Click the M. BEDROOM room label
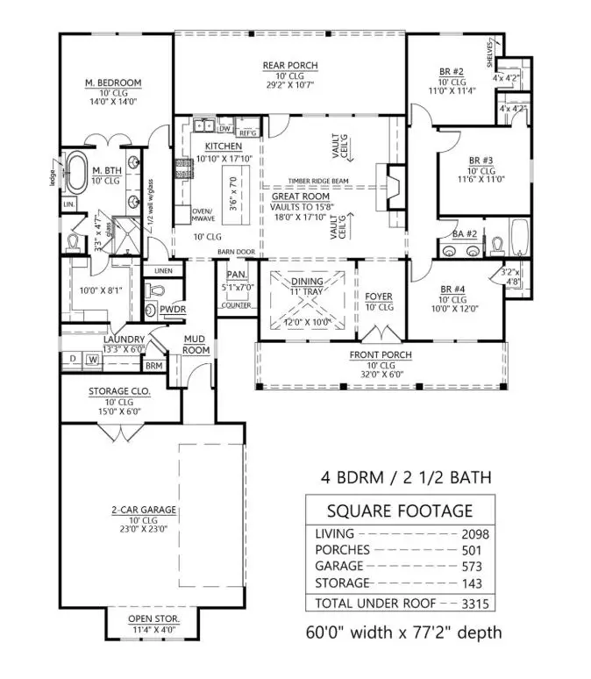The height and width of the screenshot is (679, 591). click(x=113, y=83)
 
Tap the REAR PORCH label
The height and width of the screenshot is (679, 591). click(x=290, y=66)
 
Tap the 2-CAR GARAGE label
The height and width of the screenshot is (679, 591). click(x=144, y=510)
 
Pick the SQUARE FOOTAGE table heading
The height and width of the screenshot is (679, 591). click(x=399, y=511)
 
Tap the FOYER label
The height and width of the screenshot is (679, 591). click(x=379, y=297)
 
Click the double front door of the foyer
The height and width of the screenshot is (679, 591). click(x=379, y=333)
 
